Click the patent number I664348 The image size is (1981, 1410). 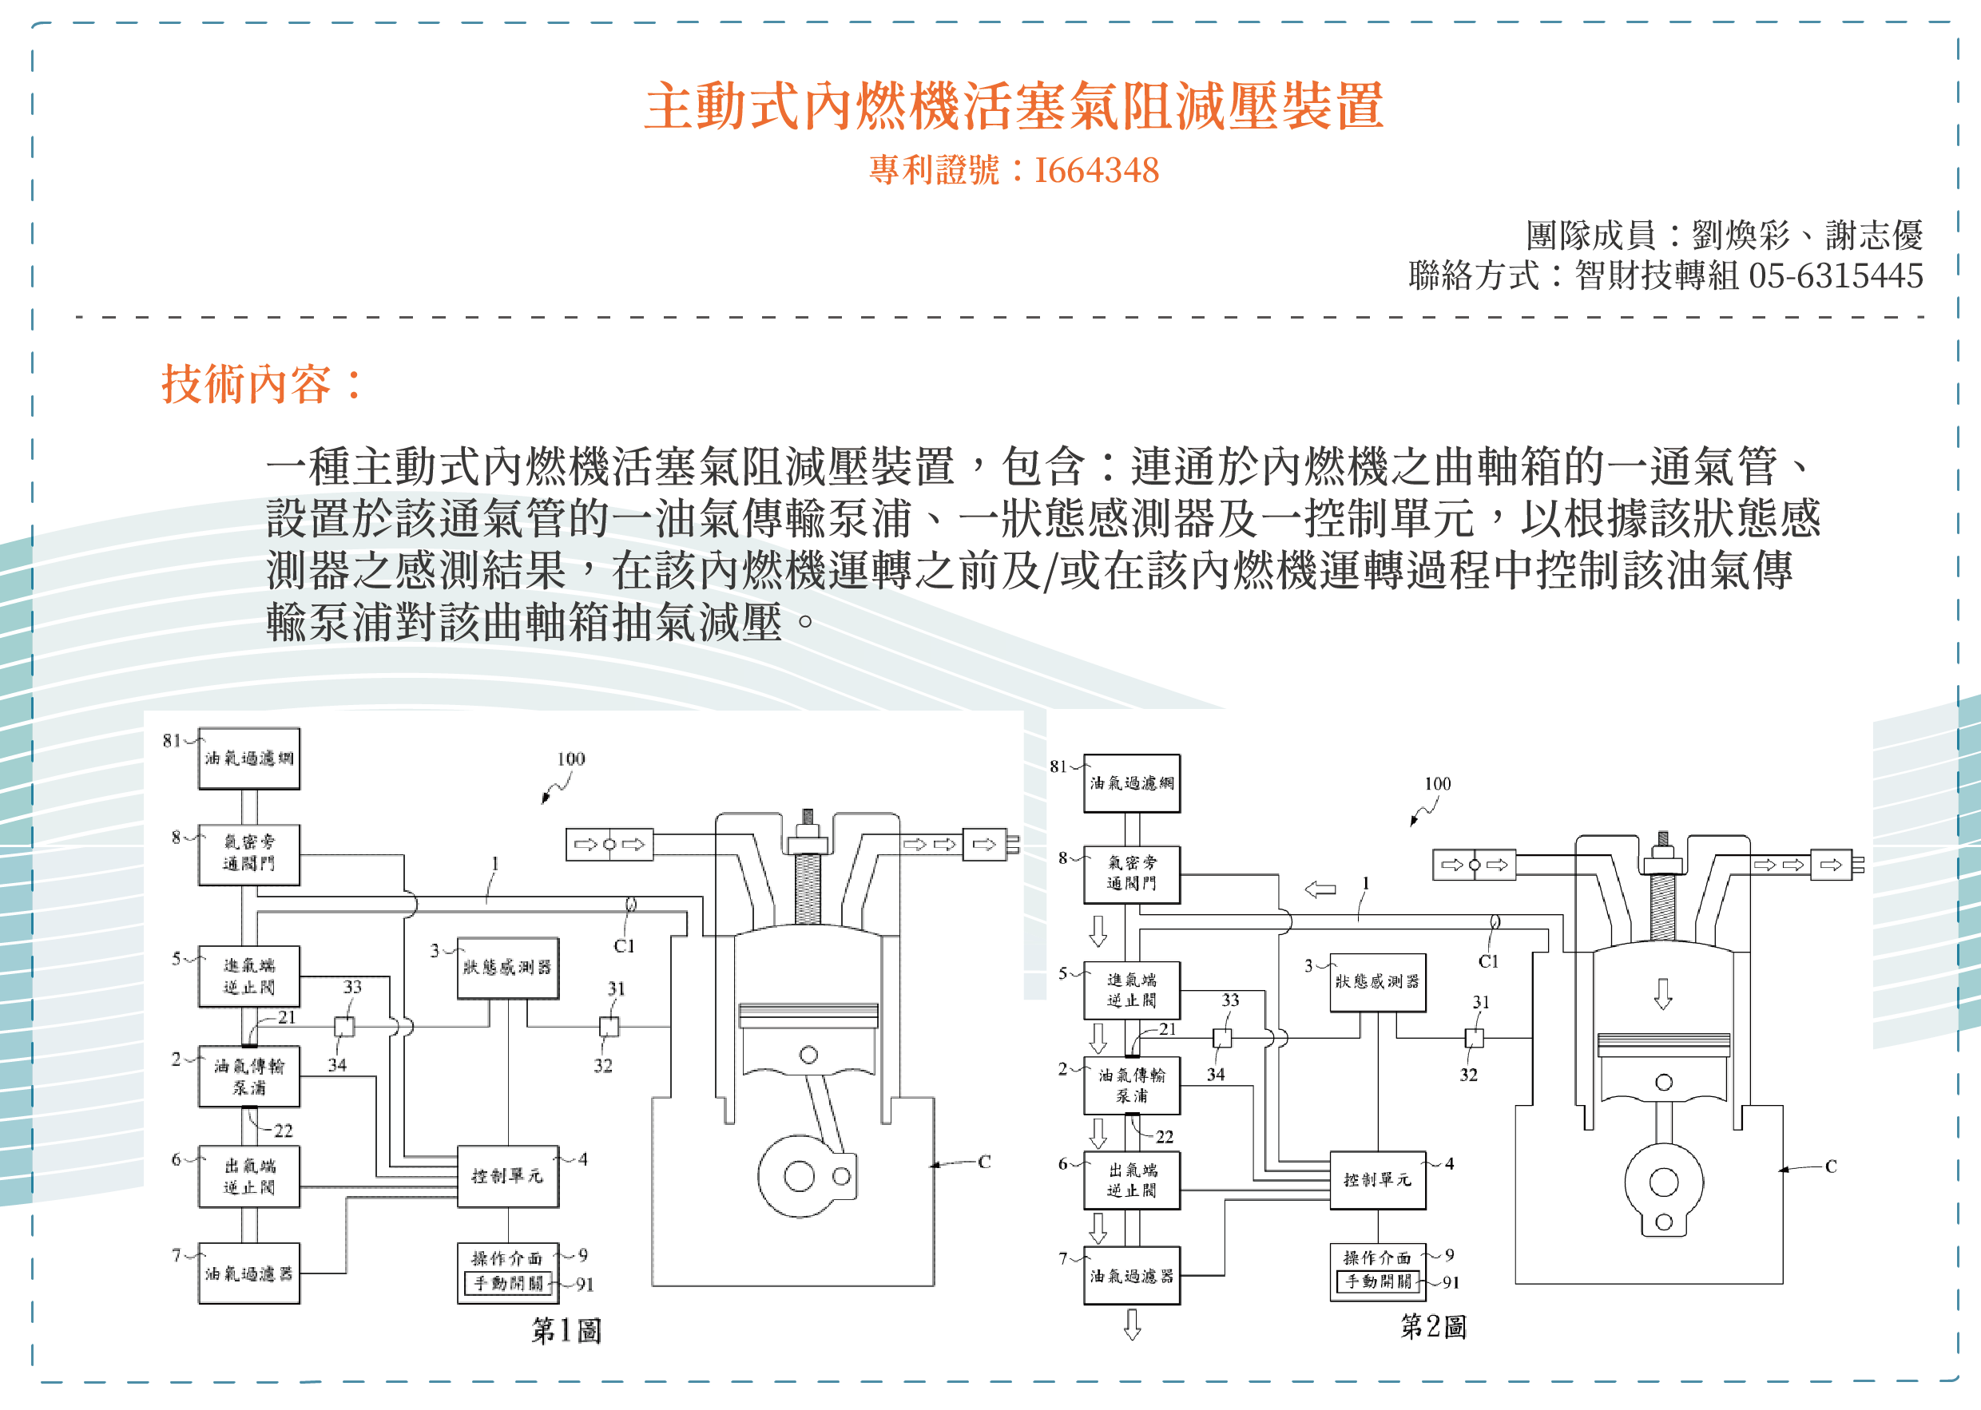[x=1096, y=170]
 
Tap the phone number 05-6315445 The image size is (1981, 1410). [x=1835, y=276]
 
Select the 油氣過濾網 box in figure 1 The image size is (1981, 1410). [x=248, y=758]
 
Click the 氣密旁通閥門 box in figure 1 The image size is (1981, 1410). [x=248, y=854]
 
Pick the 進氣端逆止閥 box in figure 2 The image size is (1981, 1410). [x=1131, y=990]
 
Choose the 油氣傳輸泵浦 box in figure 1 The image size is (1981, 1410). [x=248, y=1076]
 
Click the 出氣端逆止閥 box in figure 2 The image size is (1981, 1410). [x=1131, y=1181]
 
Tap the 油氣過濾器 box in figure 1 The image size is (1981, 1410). [x=248, y=1273]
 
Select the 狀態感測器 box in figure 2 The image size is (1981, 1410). [x=1377, y=982]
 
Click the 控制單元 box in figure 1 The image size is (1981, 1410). [x=507, y=1176]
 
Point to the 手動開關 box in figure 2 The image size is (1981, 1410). [x=1377, y=1281]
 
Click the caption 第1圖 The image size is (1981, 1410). [x=566, y=1330]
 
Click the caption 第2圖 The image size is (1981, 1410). [x=1433, y=1326]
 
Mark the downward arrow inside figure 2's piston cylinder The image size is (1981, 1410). [x=1662, y=994]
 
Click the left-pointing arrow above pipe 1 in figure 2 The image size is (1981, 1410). [x=1320, y=889]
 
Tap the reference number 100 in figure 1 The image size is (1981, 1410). [x=570, y=758]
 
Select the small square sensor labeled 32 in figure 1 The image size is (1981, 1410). [x=609, y=1027]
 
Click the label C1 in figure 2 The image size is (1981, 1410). [x=1487, y=961]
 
